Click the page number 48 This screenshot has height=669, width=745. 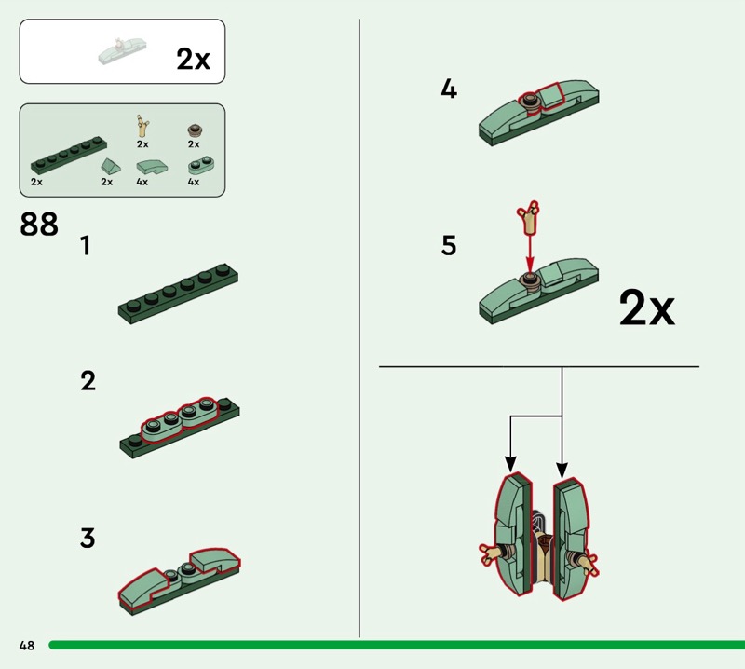pyautogui.click(x=27, y=645)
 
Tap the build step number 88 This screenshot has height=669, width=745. pyautogui.click(x=39, y=224)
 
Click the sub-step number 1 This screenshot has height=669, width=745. pyautogui.click(x=85, y=246)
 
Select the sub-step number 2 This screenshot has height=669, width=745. pyautogui.click(x=88, y=381)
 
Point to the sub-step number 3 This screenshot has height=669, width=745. pyautogui.click(x=88, y=538)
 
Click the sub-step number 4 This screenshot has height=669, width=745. pyautogui.click(x=449, y=89)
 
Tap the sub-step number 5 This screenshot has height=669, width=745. pyautogui.click(x=449, y=245)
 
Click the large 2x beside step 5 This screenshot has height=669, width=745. pyautogui.click(x=646, y=308)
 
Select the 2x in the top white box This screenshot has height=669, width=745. pyautogui.click(x=193, y=59)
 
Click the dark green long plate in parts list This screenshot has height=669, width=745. pyautogui.click(x=69, y=155)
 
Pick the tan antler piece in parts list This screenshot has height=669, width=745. pyautogui.click(x=142, y=126)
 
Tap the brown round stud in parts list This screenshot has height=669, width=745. pyautogui.click(x=195, y=130)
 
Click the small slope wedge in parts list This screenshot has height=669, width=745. pyautogui.click(x=110, y=167)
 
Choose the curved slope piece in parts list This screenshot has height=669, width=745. pyautogui.click(x=152, y=167)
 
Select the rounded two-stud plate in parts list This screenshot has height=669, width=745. pyautogui.click(x=201, y=165)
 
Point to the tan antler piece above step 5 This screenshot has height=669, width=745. pyautogui.click(x=529, y=217)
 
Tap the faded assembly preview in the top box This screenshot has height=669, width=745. pyautogui.click(x=122, y=51)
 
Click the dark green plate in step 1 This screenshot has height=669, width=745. pyautogui.click(x=178, y=294)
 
